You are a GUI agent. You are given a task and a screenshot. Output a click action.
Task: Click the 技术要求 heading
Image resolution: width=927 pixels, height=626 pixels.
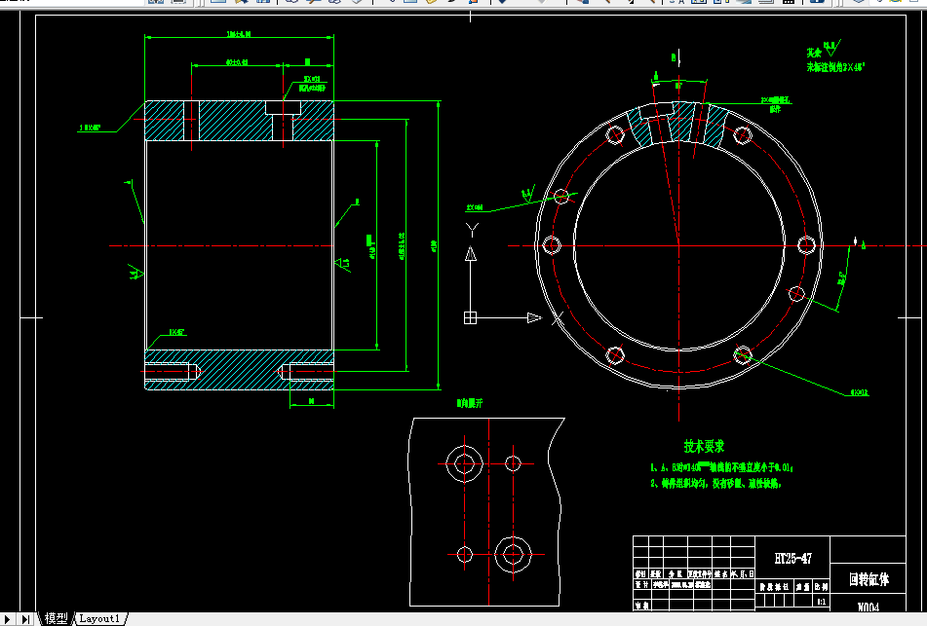click(704, 447)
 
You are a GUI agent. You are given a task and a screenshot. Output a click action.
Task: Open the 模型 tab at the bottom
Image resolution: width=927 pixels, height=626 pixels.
click(56, 618)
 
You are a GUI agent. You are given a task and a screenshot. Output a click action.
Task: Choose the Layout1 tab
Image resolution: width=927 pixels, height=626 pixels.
click(99, 618)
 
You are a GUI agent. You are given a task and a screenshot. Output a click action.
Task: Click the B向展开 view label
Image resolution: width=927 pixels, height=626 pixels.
click(470, 402)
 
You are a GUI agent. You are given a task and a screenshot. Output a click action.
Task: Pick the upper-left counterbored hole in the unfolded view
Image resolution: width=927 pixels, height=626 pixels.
click(461, 462)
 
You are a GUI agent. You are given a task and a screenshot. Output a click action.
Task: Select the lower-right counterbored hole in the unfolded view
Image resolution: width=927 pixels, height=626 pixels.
click(512, 554)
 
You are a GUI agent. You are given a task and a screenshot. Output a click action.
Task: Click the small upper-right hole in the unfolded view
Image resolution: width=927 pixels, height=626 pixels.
click(513, 462)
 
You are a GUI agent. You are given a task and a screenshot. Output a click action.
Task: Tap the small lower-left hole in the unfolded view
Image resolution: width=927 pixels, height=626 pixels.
click(463, 554)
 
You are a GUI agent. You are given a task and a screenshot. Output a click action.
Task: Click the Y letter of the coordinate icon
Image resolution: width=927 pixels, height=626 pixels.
click(472, 230)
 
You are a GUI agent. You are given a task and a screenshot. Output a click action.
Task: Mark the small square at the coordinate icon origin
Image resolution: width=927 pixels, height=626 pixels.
click(470, 317)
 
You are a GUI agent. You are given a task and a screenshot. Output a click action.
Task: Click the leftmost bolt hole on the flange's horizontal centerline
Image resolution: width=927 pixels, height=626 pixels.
click(551, 244)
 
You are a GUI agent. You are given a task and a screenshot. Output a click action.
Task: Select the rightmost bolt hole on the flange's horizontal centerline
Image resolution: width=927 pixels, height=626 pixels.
click(805, 244)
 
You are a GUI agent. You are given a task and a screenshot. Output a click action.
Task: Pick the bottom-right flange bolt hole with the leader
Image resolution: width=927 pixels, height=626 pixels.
click(743, 354)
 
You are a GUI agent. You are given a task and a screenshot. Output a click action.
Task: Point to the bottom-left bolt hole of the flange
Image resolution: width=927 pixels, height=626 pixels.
click(614, 354)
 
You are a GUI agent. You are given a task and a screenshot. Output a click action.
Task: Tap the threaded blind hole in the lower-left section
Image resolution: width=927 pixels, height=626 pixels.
click(172, 372)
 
